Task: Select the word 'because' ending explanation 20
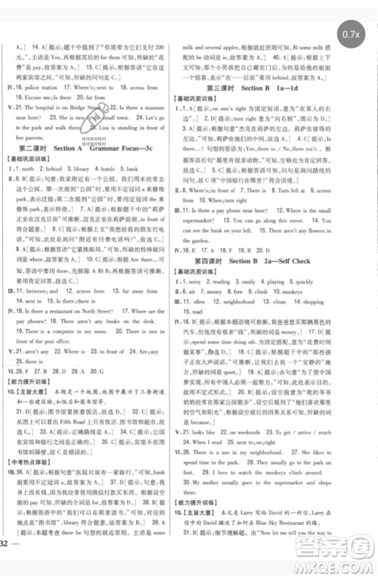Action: [x=206, y=422]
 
